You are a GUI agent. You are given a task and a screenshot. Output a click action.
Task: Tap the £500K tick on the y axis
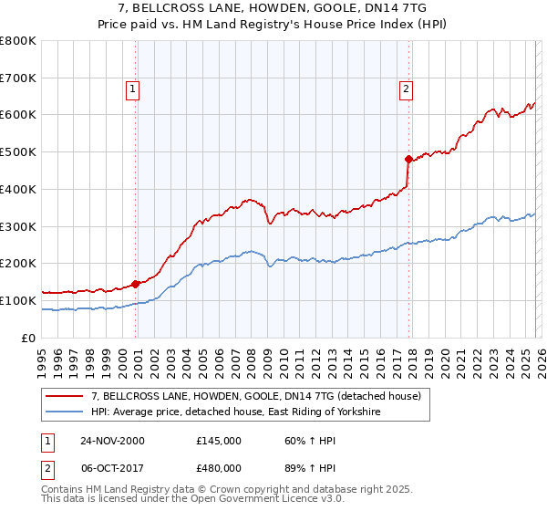tap(18, 152)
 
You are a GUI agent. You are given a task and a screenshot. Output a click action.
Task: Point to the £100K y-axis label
tap(18, 300)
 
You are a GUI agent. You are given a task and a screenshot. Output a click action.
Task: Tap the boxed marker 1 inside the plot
tap(133, 89)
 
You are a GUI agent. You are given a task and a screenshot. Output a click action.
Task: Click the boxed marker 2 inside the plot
tap(405, 89)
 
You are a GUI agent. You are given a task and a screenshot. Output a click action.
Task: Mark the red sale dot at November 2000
tap(136, 284)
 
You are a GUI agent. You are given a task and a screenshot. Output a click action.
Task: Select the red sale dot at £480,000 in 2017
tap(408, 159)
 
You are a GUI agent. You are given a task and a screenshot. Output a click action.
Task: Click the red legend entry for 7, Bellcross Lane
tap(255, 397)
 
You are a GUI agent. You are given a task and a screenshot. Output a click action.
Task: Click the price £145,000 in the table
tap(219, 441)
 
